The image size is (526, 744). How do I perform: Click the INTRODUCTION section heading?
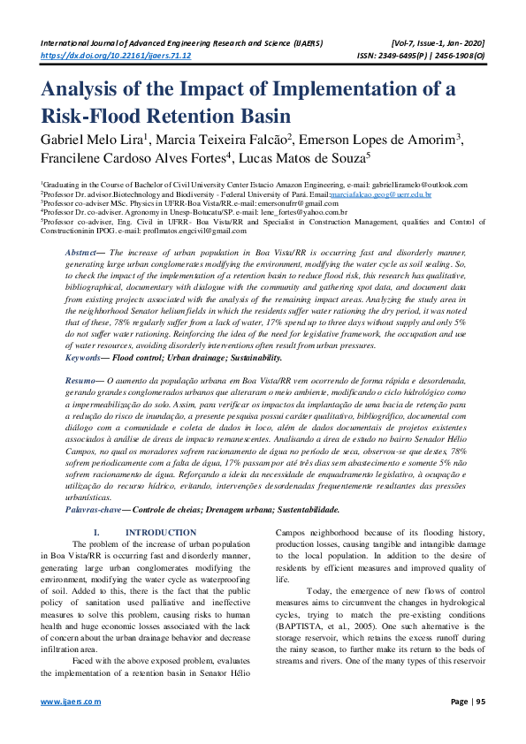click(x=161, y=533)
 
